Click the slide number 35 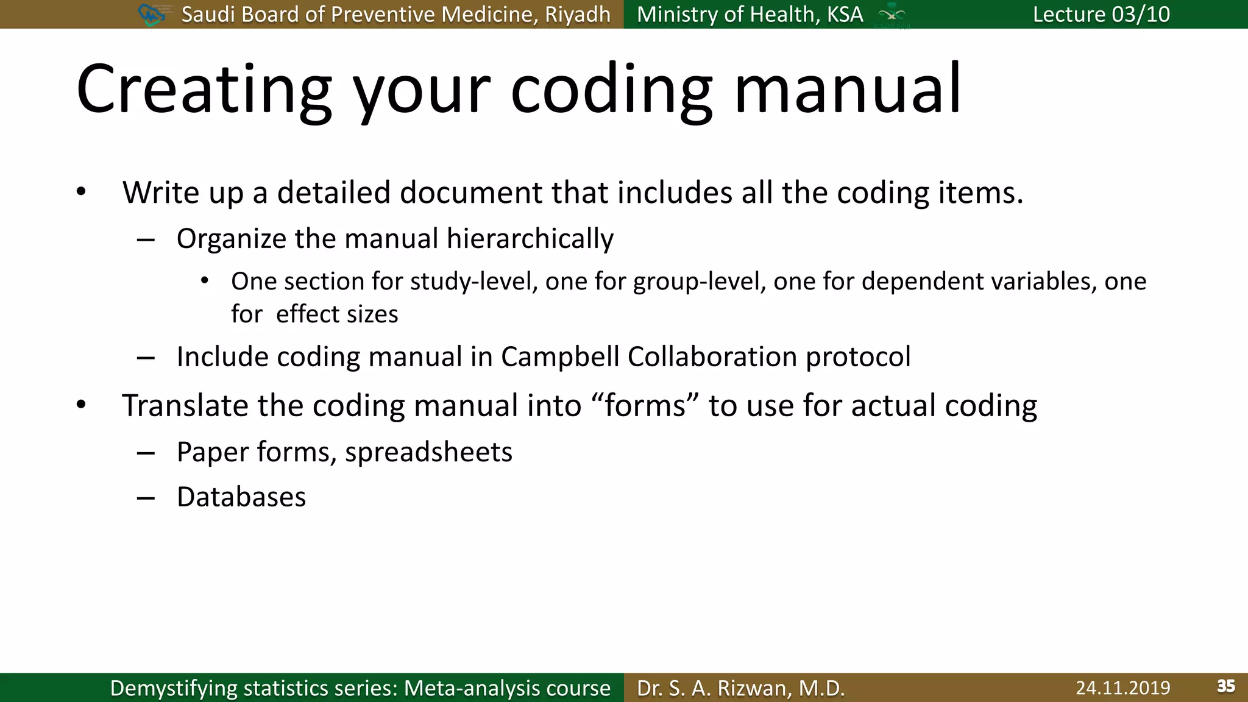[1225, 686]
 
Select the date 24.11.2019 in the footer [1122, 688]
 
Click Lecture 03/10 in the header [1101, 14]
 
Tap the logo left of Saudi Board [152, 14]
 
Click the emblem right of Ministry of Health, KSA [892, 15]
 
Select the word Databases [241, 497]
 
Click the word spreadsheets [428, 452]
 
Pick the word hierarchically [530, 239]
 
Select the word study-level [473, 282]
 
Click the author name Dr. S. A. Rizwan [740, 688]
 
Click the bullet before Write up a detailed [81, 193]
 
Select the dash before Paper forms [146, 453]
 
